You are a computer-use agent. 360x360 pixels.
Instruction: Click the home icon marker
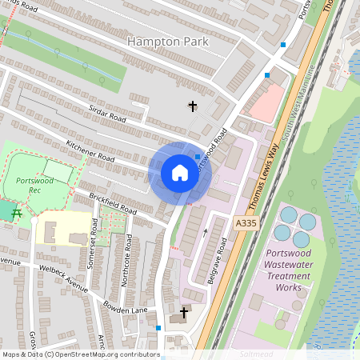180,172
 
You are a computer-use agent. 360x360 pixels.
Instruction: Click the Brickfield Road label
114,205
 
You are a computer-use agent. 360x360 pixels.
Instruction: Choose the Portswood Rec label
34,186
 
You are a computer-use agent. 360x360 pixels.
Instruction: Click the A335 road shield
246,222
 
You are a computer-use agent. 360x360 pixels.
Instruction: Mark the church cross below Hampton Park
192,106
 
